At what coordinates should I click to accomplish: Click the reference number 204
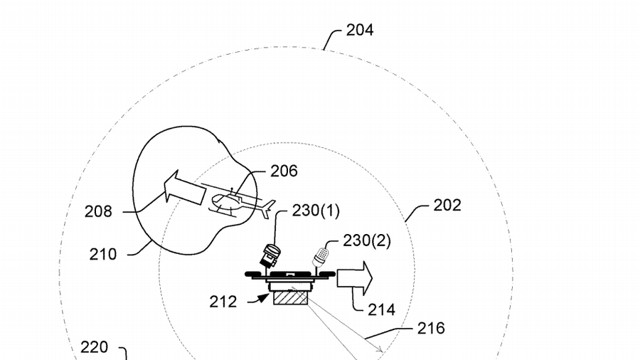tap(360, 30)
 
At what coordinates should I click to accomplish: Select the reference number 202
tap(447, 205)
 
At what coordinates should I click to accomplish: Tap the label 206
tap(284, 171)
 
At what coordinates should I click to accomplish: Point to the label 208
tap(98, 211)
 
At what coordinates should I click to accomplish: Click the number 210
tap(103, 253)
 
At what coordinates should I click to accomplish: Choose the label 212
tap(223, 302)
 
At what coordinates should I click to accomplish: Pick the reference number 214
tap(381, 309)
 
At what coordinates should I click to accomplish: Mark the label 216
tap(431, 328)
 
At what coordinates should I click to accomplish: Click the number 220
tap(94, 347)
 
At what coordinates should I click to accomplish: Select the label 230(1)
tap(316, 211)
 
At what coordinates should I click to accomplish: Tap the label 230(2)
tap(367, 240)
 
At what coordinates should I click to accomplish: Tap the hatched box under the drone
tap(288, 295)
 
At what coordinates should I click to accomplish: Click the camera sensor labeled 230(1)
tap(270, 255)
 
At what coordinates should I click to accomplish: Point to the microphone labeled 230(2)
tap(321, 255)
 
